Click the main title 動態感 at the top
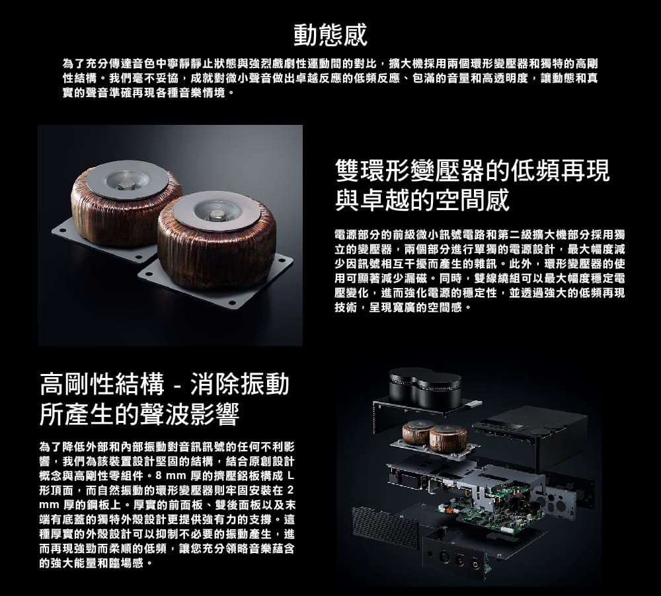pyautogui.click(x=330, y=34)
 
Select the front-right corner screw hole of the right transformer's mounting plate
pyautogui.click(x=232, y=304)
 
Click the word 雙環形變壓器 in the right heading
pyautogui.click(x=410, y=171)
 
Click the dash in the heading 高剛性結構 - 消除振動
pyautogui.click(x=178, y=385)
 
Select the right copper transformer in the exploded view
pyautogui.click(x=449, y=435)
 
